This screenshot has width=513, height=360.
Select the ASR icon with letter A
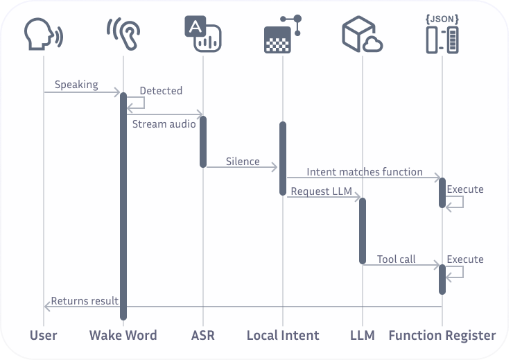[202, 34]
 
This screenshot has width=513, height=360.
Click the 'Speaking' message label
[76, 85]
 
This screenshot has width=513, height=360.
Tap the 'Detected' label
[161, 90]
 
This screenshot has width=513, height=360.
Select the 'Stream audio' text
[164, 124]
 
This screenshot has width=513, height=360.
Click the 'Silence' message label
[243, 162]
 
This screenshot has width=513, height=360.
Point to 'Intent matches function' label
[364, 171]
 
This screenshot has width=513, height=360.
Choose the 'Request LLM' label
[321, 191]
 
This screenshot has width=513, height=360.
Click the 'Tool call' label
[396, 259]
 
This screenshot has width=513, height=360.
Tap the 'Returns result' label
[85, 301]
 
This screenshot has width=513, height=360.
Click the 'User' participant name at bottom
[43, 335]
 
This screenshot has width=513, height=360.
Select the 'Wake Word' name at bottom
[123, 335]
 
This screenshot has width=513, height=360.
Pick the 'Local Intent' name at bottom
[283, 335]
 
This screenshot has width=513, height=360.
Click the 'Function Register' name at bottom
[442, 335]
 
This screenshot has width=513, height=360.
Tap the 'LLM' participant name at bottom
[362, 335]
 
